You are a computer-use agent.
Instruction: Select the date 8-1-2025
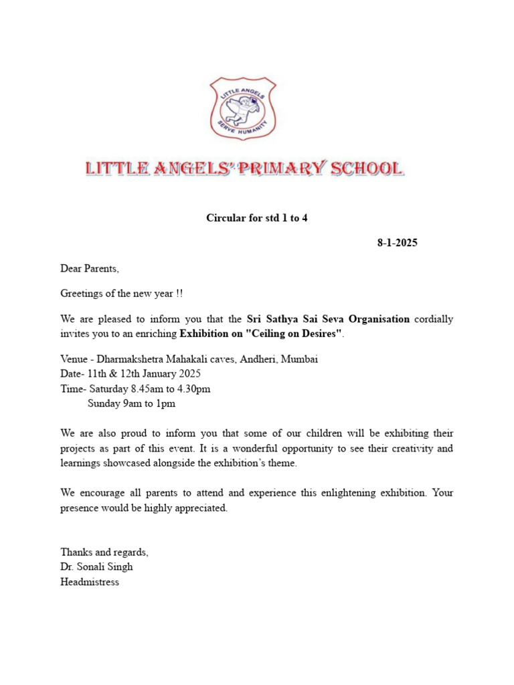click(397, 243)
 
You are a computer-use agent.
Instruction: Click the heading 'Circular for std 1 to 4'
click(256, 218)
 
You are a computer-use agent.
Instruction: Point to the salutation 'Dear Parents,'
click(90, 269)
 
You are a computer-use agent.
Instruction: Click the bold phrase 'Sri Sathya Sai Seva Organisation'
click(328, 319)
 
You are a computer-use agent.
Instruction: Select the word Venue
click(74, 359)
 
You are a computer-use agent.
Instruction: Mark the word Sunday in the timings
click(104, 403)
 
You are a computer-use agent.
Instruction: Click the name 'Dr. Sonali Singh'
click(96, 567)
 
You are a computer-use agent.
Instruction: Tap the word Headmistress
click(90, 582)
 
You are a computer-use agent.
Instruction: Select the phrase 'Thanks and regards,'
click(104, 552)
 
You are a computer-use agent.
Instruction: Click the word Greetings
click(82, 294)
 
